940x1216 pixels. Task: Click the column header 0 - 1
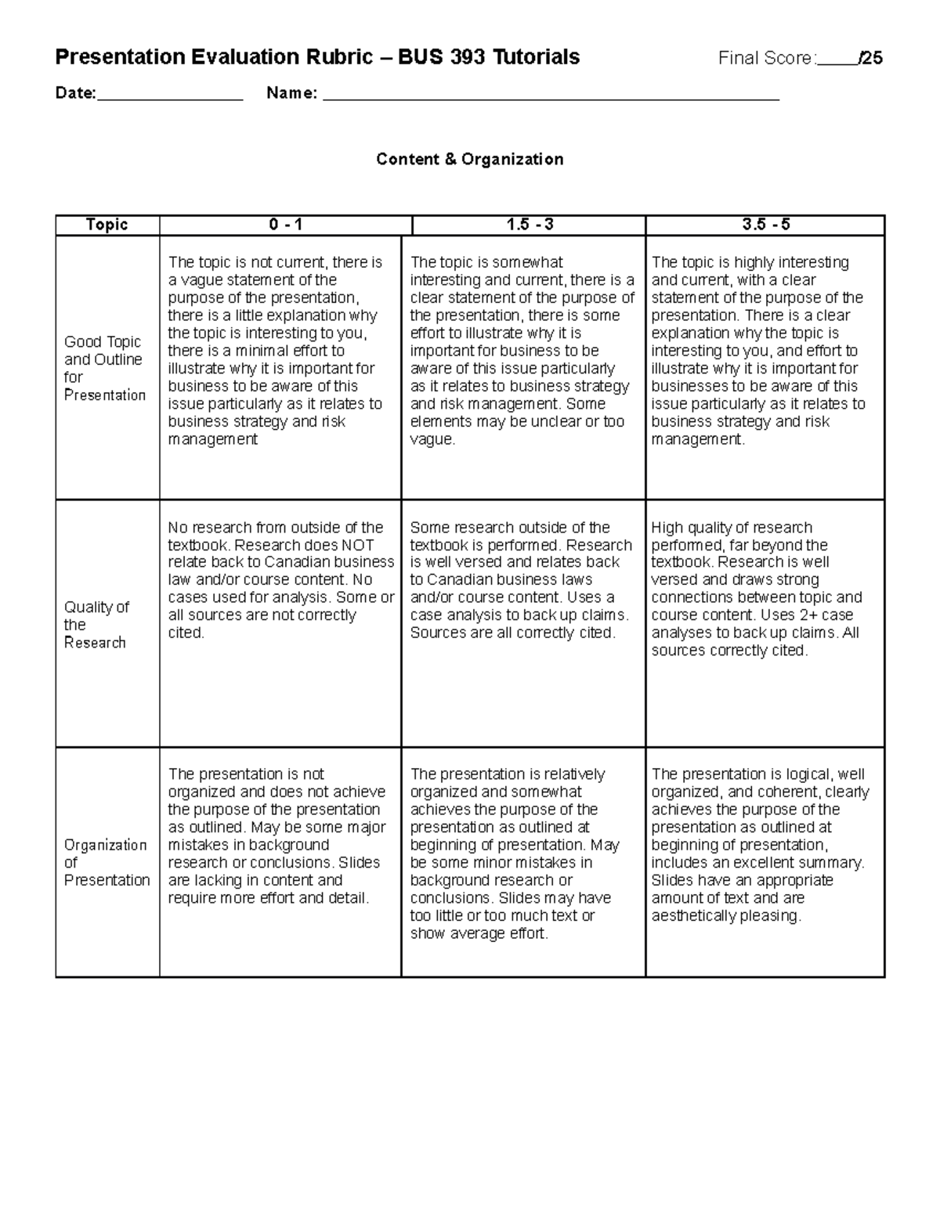285,225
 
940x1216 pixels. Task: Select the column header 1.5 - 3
530,225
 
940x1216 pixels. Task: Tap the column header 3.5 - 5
765,225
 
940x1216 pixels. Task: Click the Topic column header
107,225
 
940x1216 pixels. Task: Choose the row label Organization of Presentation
107,862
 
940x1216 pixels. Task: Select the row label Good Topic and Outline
104,368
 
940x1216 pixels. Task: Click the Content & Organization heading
469,160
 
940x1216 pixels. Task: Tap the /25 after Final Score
870,58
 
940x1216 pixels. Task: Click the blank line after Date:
170,95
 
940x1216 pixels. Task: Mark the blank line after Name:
551,95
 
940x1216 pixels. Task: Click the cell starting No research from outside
280,580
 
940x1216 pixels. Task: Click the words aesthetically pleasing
725,916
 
